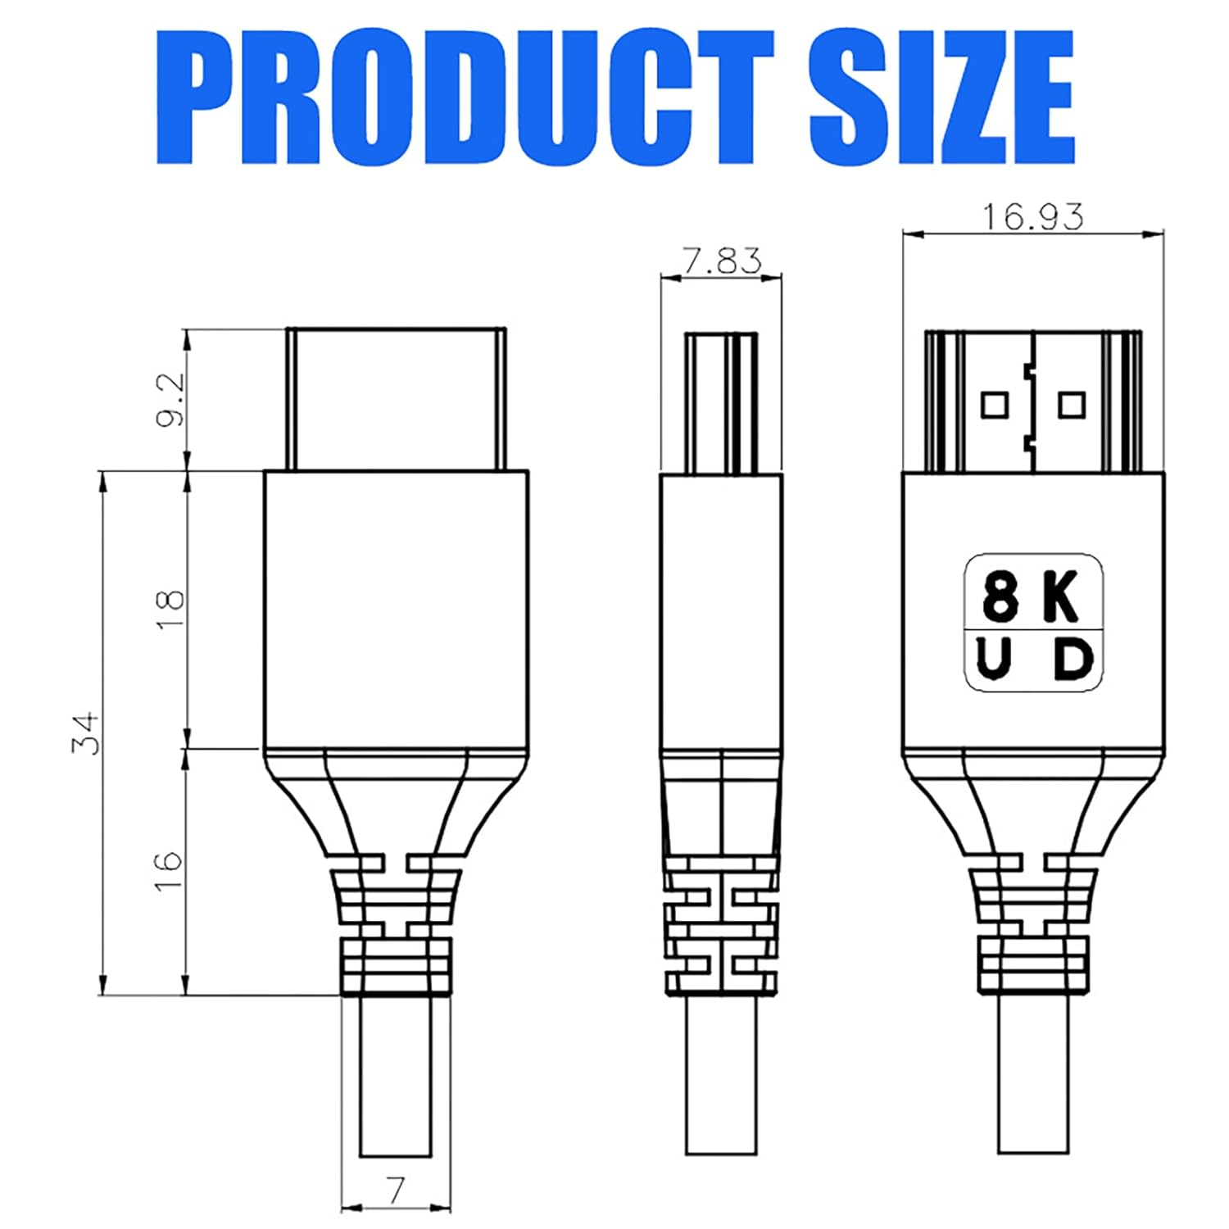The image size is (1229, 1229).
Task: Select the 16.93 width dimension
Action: pos(1032,216)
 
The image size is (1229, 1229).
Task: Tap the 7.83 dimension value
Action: pos(721,261)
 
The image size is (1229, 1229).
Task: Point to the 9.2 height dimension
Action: pos(170,399)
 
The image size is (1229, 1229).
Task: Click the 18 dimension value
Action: pos(170,609)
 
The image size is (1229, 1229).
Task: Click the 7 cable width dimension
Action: pos(396,1190)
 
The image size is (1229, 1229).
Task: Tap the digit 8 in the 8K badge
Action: pos(1000,596)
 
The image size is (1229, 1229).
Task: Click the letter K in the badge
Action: pos(1061,596)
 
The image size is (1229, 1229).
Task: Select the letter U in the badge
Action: pos(994,660)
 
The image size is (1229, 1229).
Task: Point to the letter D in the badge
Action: pos(1073,660)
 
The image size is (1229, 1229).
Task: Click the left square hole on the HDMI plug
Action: pos(995,405)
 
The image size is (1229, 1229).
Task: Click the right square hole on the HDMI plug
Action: pos(1072,405)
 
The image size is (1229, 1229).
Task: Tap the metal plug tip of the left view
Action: pos(396,399)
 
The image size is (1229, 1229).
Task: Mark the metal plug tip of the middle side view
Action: pos(721,402)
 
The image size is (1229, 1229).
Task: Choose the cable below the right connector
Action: pos(1033,1073)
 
